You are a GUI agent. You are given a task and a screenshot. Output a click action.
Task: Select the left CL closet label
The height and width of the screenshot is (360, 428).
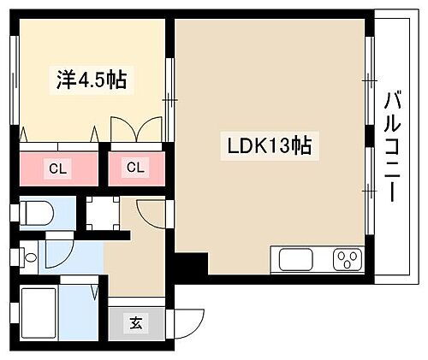coord(54,168)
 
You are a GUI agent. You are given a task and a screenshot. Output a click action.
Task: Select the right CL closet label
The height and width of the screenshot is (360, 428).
coord(135,168)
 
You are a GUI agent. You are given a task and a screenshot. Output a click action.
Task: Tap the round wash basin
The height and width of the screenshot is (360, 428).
coord(30,256)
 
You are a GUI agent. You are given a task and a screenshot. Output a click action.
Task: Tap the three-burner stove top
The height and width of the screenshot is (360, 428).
coord(348,257)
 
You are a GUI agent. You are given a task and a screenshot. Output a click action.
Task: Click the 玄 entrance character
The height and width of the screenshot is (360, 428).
coord(136,322)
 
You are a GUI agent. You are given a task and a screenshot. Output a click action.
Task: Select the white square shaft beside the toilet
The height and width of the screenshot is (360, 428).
coord(101,212)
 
